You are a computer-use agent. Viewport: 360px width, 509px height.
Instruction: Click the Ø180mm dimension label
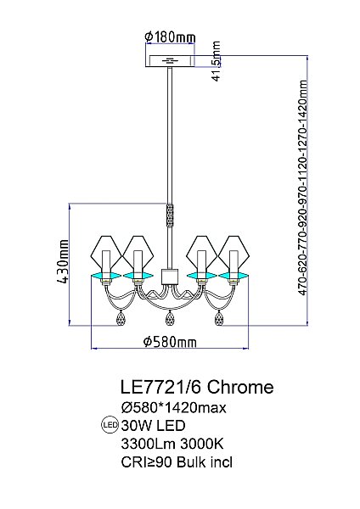[170, 36]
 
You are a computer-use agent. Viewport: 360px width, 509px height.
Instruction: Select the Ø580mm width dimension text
[170, 342]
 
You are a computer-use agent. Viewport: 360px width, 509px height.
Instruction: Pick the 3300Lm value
[145, 443]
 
